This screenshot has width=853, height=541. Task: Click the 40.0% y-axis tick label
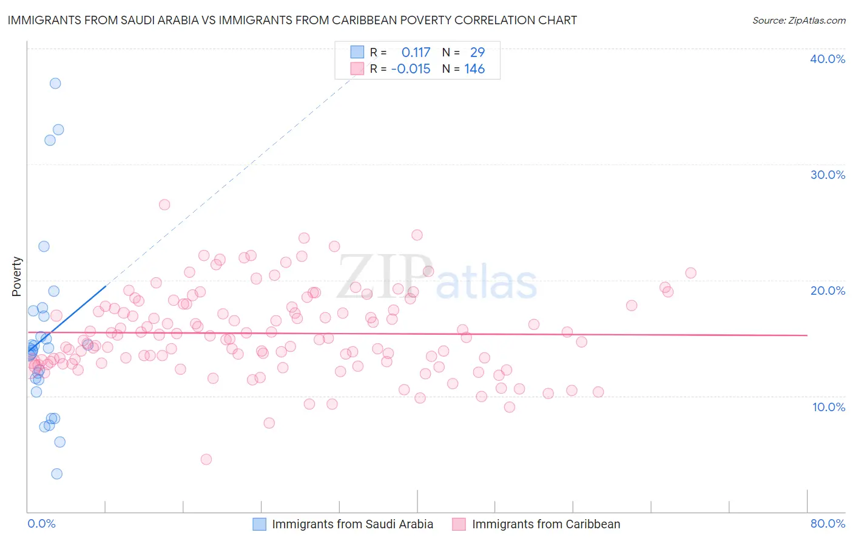click(828, 59)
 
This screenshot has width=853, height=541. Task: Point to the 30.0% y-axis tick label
click(828, 175)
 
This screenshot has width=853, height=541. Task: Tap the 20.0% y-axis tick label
click(828, 291)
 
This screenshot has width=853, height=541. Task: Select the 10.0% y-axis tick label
click(829, 407)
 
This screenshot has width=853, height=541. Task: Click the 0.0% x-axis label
click(41, 523)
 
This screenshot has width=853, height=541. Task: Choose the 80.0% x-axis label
click(828, 523)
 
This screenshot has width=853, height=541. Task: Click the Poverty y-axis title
click(16, 277)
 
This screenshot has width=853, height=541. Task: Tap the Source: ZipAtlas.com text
click(798, 20)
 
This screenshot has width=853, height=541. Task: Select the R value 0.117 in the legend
click(416, 53)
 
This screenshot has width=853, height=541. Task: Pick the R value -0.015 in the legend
click(411, 69)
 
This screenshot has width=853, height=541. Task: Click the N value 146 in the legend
click(474, 69)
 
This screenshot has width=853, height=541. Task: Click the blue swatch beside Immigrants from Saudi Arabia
click(259, 524)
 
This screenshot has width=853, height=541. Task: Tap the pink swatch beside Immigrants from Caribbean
click(459, 524)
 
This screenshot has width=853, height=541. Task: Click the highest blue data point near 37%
click(55, 84)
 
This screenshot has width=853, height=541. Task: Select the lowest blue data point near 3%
click(56, 474)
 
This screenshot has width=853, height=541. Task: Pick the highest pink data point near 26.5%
click(164, 204)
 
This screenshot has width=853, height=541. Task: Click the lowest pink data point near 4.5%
click(206, 459)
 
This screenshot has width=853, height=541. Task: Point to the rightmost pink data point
click(690, 273)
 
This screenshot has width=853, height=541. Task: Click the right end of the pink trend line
click(807, 335)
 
